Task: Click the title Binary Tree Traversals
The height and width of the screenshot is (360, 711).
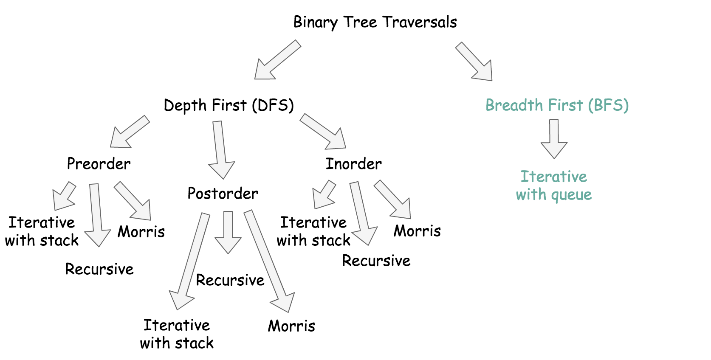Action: [x=375, y=22]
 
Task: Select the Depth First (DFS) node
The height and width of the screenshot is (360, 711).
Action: [x=229, y=105]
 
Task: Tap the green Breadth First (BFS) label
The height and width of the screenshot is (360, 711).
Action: [x=557, y=105]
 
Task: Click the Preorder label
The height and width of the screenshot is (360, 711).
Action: [x=99, y=164]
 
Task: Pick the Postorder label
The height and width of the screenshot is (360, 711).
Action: [x=223, y=194]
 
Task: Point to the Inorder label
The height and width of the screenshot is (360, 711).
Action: [x=353, y=164]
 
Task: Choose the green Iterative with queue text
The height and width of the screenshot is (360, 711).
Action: [x=553, y=186]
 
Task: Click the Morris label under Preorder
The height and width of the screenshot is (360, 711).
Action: [x=141, y=232]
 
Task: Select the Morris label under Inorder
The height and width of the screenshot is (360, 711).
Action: [x=417, y=231]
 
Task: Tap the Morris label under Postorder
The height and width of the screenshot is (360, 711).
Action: [x=291, y=326]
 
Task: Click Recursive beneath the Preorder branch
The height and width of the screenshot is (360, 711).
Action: [x=99, y=269]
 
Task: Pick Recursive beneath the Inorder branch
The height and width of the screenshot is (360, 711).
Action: [x=376, y=261]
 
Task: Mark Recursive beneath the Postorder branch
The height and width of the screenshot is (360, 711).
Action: [x=230, y=280]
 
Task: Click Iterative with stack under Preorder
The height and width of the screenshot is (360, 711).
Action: [x=42, y=231]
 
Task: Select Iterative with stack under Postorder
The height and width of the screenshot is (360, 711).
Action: [x=177, y=334]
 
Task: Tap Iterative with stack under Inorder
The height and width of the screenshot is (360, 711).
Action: [x=313, y=231]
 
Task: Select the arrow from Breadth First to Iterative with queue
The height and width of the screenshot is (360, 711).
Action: [x=554, y=138]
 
